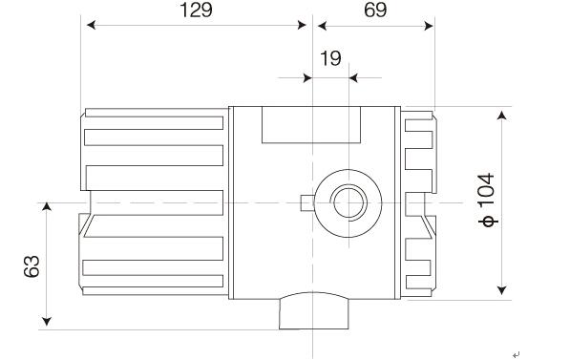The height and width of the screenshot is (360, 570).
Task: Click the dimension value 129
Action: pyautogui.click(x=196, y=11)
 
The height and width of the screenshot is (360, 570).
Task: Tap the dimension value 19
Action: pyautogui.click(x=330, y=59)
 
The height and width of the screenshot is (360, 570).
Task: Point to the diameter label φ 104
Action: pyautogui.click(x=488, y=200)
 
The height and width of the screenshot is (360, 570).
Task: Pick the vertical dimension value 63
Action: pyautogui.click(x=31, y=265)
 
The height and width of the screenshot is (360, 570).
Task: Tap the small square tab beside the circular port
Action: pyautogui.click(x=306, y=202)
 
